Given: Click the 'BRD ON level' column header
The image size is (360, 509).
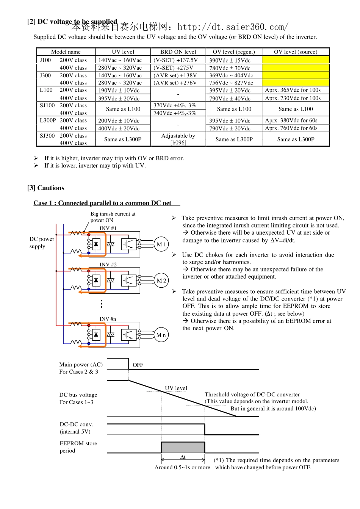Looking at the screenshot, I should [x=178, y=52].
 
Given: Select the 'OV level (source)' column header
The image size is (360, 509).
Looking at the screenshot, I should [x=296, y=52].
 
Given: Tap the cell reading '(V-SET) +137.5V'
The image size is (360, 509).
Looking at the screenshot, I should [x=175, y=60].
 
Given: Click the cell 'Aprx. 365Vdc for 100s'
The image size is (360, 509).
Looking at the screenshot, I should [x=293, y=90].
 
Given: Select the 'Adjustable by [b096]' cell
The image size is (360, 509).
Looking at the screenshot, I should [x=178, y=139].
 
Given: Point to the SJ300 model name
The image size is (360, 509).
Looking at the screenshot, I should [x=47, y=136].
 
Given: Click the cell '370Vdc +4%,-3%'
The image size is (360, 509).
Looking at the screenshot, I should [x=175, y=105].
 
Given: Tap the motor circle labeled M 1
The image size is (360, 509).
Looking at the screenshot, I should [x=161, y=244].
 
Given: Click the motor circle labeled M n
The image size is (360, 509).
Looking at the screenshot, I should [x=161, y=335].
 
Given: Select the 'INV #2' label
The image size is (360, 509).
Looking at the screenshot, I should [x=108, y=265].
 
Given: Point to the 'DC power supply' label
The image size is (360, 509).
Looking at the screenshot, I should [x=42, y=243].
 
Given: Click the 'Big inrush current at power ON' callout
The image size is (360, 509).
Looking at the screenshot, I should [x=113, y=217].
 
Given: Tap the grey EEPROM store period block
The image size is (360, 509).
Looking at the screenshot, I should [x=183, y=447].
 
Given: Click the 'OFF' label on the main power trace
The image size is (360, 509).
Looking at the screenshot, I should [x=138, y=365].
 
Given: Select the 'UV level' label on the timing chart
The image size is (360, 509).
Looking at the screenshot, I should [x=176, y=388].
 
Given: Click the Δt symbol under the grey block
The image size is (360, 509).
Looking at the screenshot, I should [x=183, y=457].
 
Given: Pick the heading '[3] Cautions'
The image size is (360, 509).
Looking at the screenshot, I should [x=46, y=188].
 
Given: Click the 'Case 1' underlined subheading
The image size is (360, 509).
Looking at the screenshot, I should [x=102, y=203].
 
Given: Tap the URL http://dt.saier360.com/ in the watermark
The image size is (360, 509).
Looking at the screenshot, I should [x=233, y=27].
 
